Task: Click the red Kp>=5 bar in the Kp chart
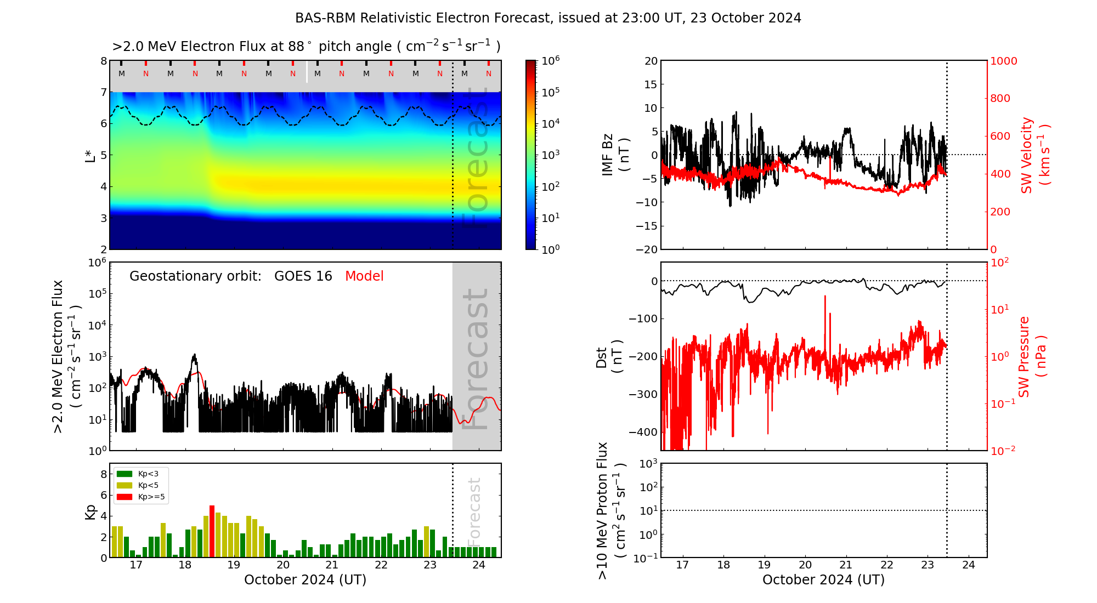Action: (212, 531)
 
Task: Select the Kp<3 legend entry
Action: (140, 474)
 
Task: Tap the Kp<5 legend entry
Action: (140, 485)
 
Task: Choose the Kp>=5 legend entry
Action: (140, 497)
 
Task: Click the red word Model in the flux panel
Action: (364, 276)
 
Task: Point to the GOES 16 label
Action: (303, 276)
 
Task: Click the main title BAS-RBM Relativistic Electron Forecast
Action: (548, 18)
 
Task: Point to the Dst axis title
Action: (609, 357)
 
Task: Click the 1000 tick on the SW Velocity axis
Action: (1003, 61)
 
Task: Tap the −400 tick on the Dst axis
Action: (643, 432)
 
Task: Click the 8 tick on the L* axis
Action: (103, 61)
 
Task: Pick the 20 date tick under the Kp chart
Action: (282, 565)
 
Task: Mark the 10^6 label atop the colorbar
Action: (550, 60)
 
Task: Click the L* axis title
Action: (90, 155)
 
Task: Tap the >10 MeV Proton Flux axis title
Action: (611, 510)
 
